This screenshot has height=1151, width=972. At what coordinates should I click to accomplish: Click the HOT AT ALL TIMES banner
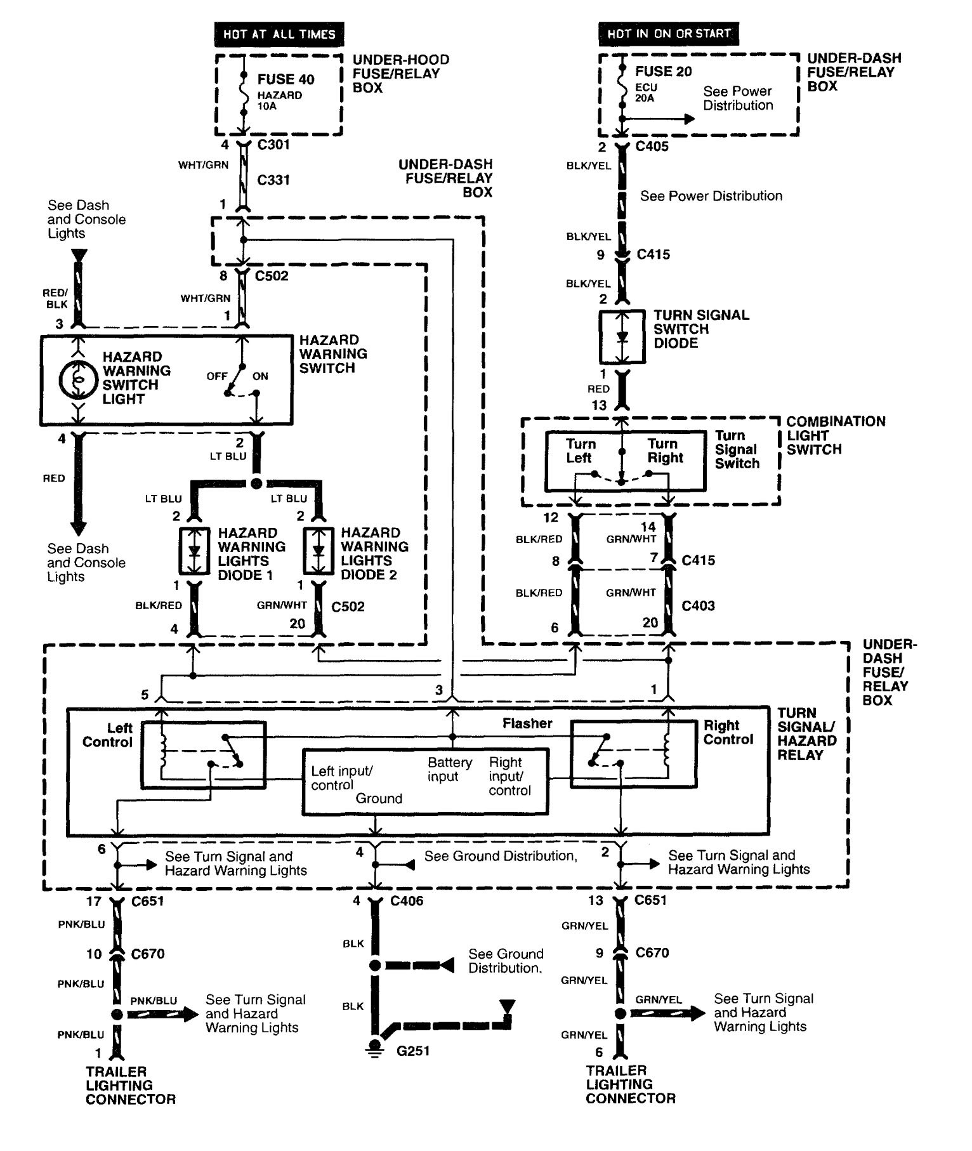pyautogui.click(x=279, y=34)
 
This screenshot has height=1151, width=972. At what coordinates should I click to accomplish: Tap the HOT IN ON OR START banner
pyautogui.click(x=669, y=34)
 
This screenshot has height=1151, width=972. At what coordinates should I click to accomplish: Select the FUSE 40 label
pyautogui.click(x=286, y=79)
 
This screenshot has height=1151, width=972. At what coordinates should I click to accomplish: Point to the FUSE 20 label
pyautogui.click(x=663, y=72)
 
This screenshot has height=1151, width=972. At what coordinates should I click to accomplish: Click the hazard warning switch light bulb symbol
pyautogui.click(x=77, y=379)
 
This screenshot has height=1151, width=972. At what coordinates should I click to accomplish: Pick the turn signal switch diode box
pyautogui.click(x=622, y=337)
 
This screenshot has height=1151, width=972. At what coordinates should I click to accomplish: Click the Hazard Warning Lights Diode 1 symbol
pyautogui.click(x=194, y=550)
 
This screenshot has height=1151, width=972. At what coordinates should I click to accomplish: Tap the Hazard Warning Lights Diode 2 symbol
pyautogui.click(x=319, y=550)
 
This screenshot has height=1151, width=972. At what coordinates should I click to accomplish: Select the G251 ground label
pyautogui.click(x=413, y=1051)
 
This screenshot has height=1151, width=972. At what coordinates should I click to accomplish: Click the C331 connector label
pyautogui.click(x=273, y=180)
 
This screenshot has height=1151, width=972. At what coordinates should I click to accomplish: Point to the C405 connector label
pyautogui.click(x=652, y=147)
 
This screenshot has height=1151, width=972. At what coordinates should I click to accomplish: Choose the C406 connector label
pyautogui.click(x=407, y=901)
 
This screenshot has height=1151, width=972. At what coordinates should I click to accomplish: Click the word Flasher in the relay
pyautogui.click(x=527, y=723)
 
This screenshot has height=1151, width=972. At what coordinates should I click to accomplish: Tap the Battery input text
pyautogui.click(x=450, y=769)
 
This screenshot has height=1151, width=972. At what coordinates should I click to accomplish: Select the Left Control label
pyautogui.click(x=107, y=735)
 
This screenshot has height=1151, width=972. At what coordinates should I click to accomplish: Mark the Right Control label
pyautogui.click(x=728, y=732)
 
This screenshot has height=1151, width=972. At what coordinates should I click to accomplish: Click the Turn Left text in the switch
pyautogui.click(x=580, y=451)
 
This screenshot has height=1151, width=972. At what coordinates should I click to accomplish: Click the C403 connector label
pyautogui.click(x=698, y=606)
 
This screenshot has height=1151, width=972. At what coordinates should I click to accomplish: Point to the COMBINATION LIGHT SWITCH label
pyautogui.click(x=835, y=435)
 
